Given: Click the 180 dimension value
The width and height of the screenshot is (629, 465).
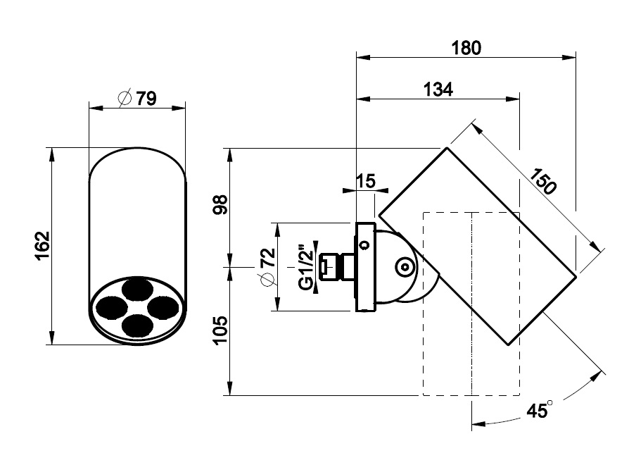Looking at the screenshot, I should point(466,48).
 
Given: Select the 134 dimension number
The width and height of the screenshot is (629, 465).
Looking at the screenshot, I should point(438,89).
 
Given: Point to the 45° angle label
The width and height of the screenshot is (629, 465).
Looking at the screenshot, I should point(539,409).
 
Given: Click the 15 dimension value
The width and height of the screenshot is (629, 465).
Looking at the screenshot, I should point(365,180).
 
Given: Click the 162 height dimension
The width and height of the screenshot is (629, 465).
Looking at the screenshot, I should point(43,246).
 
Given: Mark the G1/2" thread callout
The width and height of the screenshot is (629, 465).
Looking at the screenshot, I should point(305,267).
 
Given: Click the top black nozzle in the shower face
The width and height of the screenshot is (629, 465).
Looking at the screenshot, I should point(137,288).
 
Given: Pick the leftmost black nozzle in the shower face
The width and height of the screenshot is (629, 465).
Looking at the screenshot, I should point(110,306).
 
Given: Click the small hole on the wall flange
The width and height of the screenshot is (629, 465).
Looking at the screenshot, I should point(364,245).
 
